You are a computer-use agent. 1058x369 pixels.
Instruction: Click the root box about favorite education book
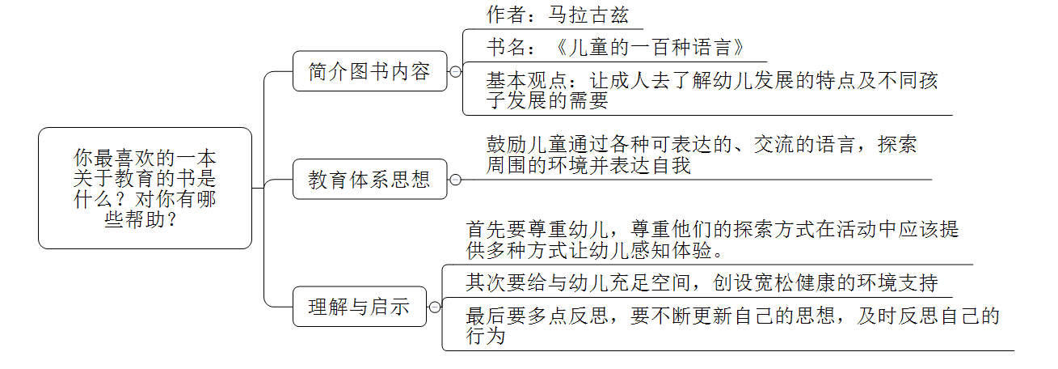pyautogui.click(x=145, y=188)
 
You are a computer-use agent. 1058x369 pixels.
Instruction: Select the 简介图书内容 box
pyautogui.click(x=369, y=71)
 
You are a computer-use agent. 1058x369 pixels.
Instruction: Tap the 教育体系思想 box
pyautogui.click(x=369, y=179)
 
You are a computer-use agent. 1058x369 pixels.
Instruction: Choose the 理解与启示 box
pyautogui.click(x=359, y=307)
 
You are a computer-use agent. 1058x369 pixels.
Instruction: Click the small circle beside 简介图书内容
pyautogui.click(x=456, y=71)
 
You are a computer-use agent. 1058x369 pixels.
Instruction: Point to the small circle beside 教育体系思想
pyautogui.click(x=456, y=180)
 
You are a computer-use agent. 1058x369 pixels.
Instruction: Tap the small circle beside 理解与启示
pyautogui.click(x=435, y=307)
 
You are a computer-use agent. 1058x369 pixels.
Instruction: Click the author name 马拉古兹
pyautogui.click(x=588, y=15)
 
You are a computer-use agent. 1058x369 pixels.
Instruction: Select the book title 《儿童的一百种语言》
pyautogui.click(x=643, y=46)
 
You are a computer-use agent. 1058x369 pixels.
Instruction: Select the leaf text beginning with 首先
pyautogui.click(x=712, y=240)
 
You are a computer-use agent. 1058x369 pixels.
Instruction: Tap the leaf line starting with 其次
pyautogui.click(x=702, y=283)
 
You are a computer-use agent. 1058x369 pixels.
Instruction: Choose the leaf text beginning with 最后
pyautogui.click(x=732, y=324)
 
